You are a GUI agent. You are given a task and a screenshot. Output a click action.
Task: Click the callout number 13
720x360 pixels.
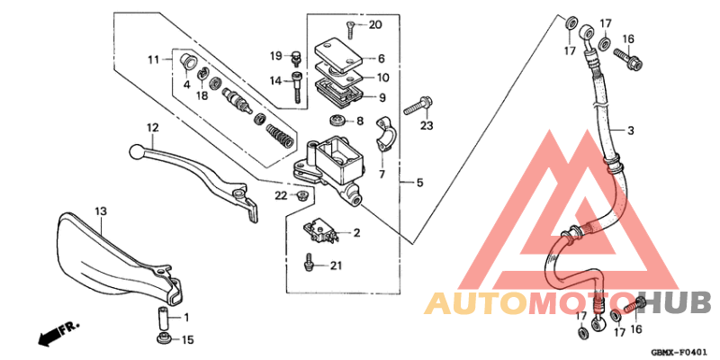(101, 211)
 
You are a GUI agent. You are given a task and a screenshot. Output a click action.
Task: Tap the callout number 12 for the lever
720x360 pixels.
(152, 127)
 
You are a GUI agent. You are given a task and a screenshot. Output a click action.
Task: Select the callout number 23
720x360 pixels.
(427, 125)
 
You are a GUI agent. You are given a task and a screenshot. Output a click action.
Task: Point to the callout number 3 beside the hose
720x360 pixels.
(631, 131)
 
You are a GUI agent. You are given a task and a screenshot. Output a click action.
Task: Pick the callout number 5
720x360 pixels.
(418, 183)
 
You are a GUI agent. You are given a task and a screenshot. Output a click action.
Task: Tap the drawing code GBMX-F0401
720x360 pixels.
(679, 352)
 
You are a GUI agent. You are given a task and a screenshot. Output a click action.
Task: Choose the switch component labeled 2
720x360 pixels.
(323, 232)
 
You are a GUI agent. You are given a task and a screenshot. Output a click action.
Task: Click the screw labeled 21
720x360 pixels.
(308, 265)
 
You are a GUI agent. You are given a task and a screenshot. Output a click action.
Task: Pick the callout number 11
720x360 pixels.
(154, 59)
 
